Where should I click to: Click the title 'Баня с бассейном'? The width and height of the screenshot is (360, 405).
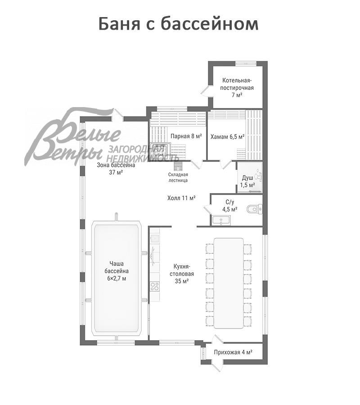click(179, 24)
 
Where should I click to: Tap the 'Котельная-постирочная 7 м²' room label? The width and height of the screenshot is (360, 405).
click(237, 87)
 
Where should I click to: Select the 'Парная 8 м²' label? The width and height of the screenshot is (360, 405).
click(186, 136)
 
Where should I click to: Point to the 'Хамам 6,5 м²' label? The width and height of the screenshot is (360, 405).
click(227, 137)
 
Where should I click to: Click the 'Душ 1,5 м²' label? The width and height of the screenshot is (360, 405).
click(247, 181)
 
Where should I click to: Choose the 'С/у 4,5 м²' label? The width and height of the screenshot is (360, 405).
click(230, 206)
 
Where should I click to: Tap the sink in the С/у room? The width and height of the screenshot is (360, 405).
click(221, 220)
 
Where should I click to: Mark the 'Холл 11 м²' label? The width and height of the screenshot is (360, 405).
click(181, 198)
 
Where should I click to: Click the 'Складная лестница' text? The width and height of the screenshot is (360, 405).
click(178, 177)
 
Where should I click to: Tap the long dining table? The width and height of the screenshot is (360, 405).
click(229, 283)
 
